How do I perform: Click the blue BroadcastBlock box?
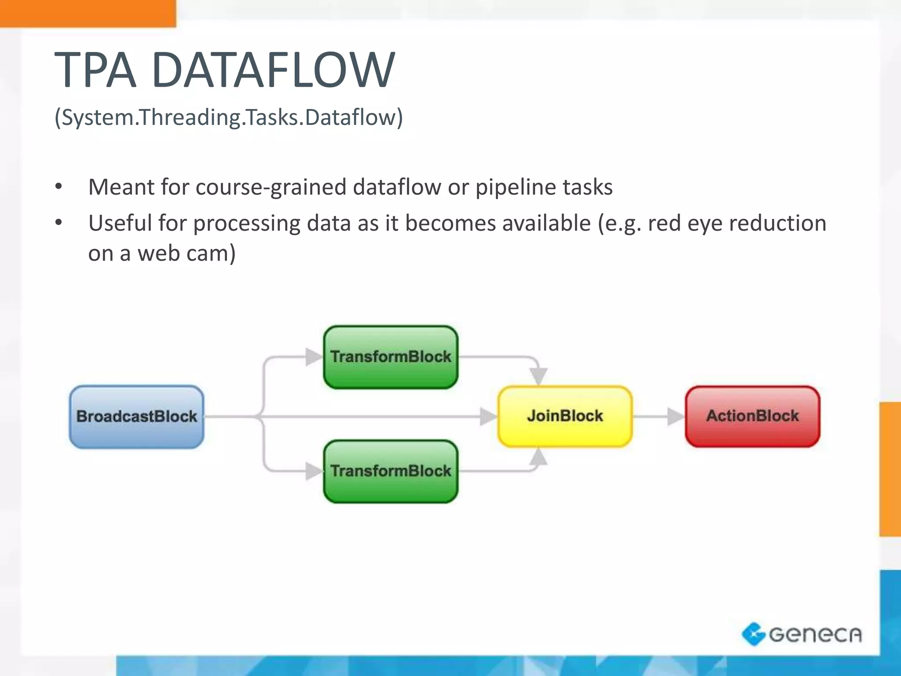click(x=136, y=417)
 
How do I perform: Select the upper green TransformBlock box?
click(x=391, y=357)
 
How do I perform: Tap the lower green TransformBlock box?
click(x=391, y=471)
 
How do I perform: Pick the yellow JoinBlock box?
click(x=565, y=416)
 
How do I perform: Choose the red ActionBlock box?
click(x=752, y=416)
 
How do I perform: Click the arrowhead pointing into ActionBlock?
click(x=675, y=416)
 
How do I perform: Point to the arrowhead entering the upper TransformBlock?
click(x=313, y=356)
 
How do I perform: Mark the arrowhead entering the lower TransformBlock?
click(x=313, y=471)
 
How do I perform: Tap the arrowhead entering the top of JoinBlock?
click(x=538, y=376)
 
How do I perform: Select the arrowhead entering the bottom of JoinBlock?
click(x=538, y=457)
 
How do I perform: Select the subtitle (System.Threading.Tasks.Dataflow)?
click(x=228, y=118)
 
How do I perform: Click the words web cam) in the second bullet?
click(x=187, y=253)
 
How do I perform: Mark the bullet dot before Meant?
click(x=59, y=187)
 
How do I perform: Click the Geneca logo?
click(x=802, y=634)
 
